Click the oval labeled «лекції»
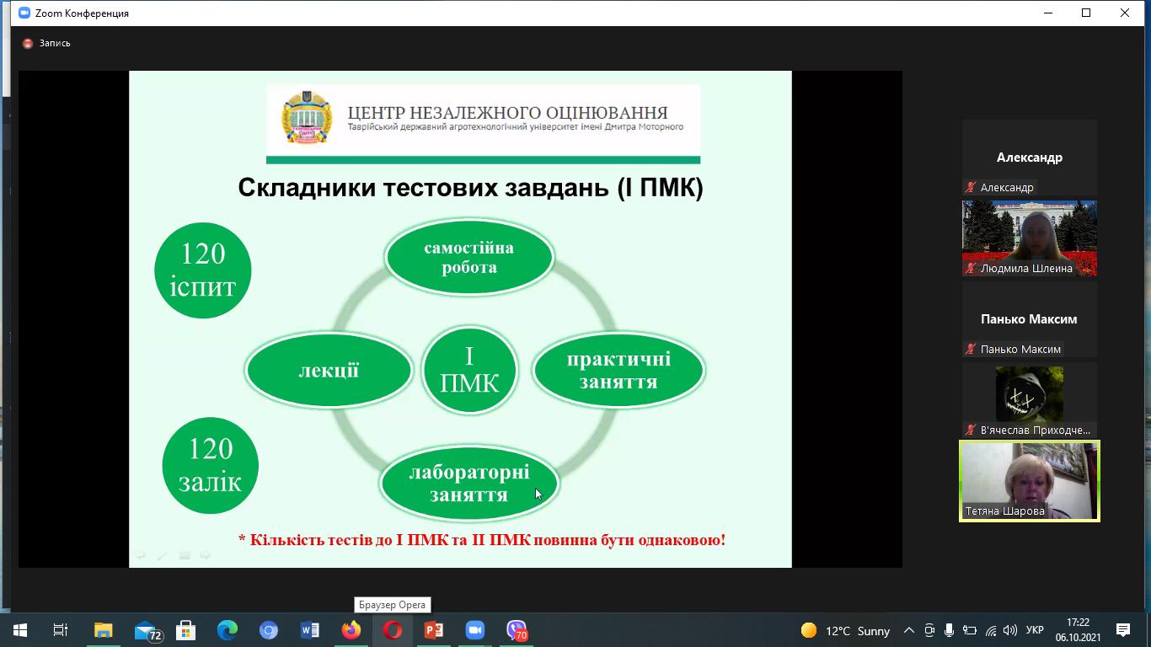[x=329, y=370]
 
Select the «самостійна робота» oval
[x=469, y=257]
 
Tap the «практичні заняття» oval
[x=618, y=370]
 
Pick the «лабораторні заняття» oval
[x=469, y=483]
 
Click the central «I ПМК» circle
[x=469, y=370]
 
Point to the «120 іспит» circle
[x=203, y=270]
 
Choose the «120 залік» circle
[x=210, y=466]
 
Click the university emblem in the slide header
[x=307, y=117]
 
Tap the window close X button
[x=1125, y=13]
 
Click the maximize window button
[x=1086, y=13]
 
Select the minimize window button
[x=1048, y=13]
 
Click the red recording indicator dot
[x=28, y=44]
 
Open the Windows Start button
[x=20, y=630]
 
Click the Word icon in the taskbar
[x=310, y=630]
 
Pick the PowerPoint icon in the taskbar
[x=434, y=630]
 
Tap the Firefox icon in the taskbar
[x=351, y=630]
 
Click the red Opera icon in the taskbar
[x=393, y=630]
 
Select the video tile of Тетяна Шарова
[x=1030, y=481]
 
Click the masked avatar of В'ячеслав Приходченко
[x=1030, y=393]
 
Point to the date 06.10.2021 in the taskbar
[x=1078, y=637]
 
